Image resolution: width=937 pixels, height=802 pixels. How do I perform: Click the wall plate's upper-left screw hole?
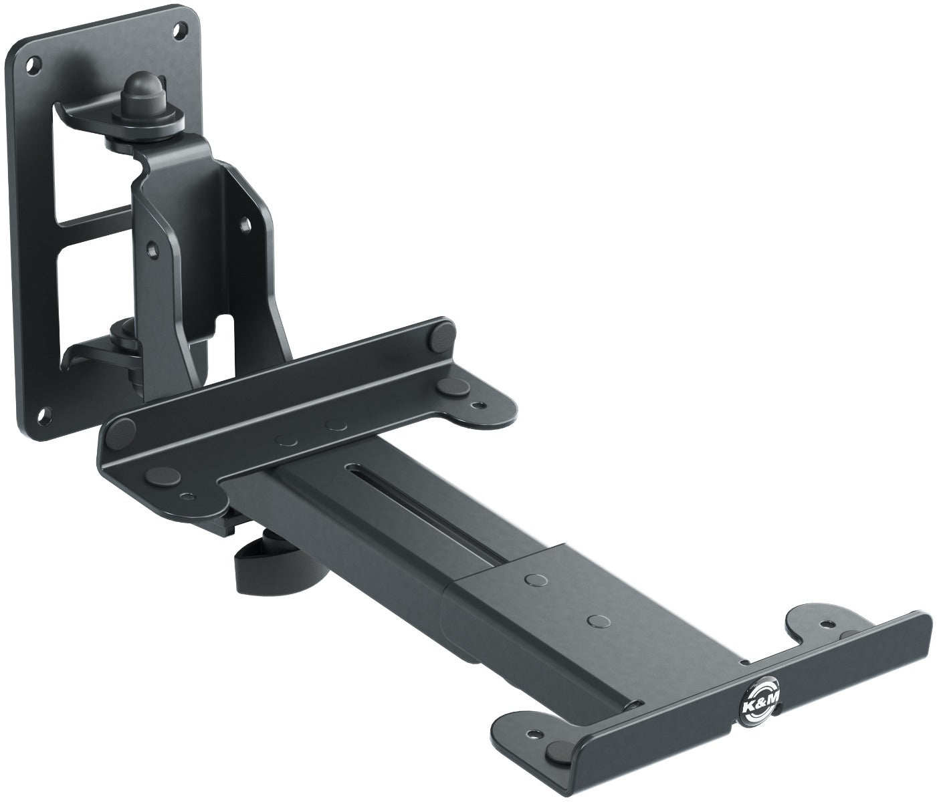pyautogui.click(x=30, y=65)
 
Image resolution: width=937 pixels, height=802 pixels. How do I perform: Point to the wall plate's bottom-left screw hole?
pyautogui.click(x=45, y=414)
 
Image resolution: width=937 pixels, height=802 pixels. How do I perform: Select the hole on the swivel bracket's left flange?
pyautogui.click(x=154, y=248)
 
